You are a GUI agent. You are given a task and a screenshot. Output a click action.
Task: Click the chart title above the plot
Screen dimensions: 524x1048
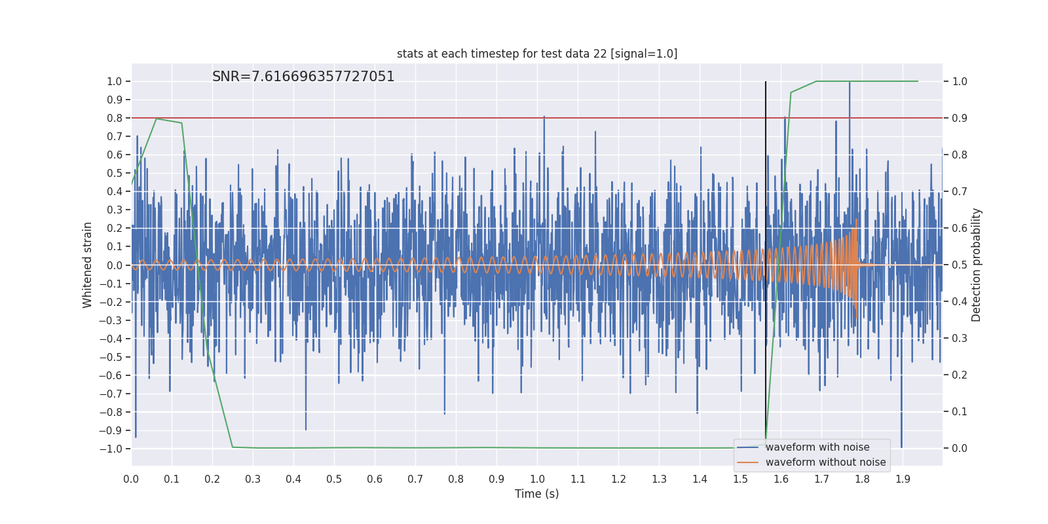click(537, 54)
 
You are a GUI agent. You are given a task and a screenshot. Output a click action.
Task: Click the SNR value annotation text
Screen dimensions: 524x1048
click(303, 77)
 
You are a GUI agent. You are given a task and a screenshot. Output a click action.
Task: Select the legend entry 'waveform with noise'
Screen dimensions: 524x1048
click(817, 447)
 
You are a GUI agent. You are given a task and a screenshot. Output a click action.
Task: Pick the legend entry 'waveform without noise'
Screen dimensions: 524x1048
click(825, 462)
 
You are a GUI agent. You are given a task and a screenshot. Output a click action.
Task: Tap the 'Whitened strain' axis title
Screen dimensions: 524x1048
click(88, 265)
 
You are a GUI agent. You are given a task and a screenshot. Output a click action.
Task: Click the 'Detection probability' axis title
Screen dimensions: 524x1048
click(977, 265)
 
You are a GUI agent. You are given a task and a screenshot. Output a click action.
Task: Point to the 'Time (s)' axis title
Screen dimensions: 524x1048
click(537, 494)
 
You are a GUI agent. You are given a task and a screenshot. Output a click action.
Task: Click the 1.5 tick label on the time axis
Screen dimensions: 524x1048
click(740, 479)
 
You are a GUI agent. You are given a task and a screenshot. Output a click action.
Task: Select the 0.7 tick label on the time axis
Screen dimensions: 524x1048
click(415, 479)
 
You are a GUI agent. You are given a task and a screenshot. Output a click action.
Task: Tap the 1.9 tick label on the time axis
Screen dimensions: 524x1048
click(903, 479)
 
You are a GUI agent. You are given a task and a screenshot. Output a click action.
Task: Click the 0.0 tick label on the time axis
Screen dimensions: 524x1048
click(131, 479)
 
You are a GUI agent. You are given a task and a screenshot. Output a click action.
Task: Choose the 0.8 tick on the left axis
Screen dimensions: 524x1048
click(115, 118)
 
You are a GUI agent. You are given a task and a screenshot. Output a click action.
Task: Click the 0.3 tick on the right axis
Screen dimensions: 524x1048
click(960, 339)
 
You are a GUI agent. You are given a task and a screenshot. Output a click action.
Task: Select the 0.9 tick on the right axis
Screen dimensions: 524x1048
click(960, 118)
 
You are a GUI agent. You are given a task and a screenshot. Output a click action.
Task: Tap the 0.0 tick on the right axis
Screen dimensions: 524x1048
click(960, 449)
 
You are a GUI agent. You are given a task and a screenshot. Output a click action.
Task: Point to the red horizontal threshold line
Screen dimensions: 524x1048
click(458, 118)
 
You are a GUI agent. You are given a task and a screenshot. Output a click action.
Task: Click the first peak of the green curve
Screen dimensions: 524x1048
click(156, 119)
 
